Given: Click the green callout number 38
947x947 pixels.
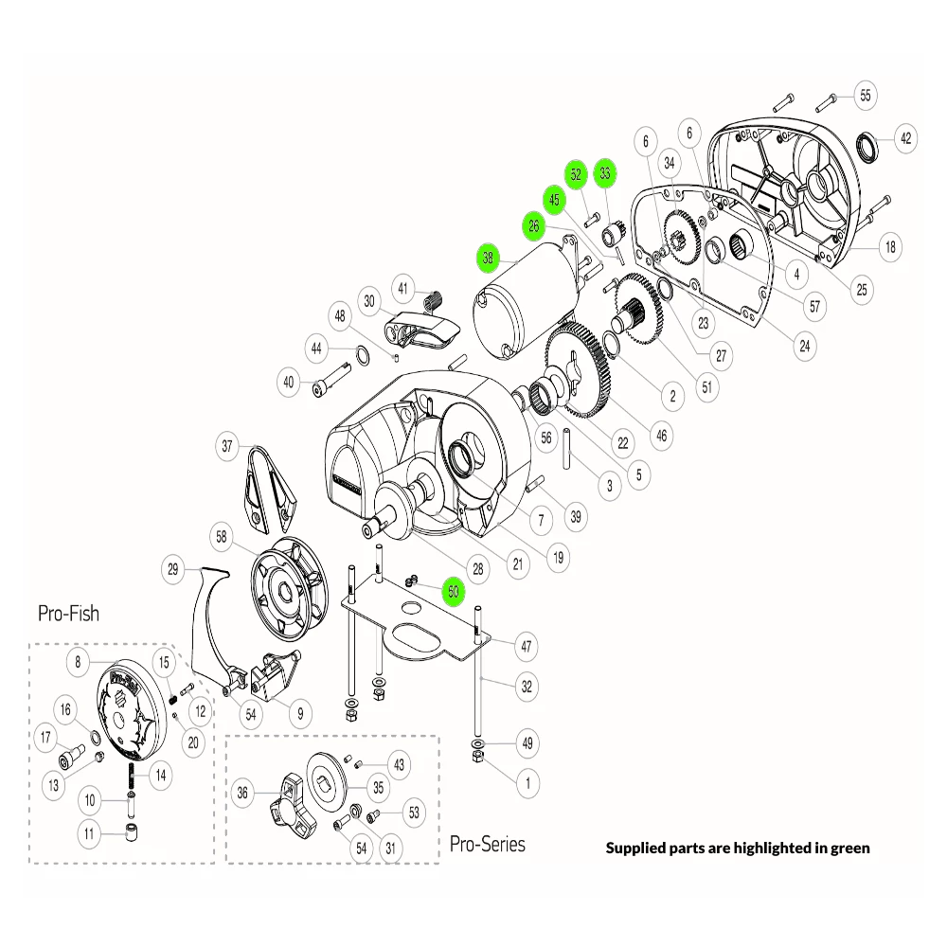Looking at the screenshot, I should coord(488,257).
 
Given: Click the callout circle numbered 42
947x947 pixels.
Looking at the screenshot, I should coord(906,138).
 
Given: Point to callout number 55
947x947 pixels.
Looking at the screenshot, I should coord(866,95).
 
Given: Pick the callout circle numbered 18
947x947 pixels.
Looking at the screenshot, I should coord(889,248).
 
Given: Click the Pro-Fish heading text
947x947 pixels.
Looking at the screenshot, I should coord(68,613).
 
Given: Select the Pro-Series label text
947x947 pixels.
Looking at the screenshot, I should coord(487,843).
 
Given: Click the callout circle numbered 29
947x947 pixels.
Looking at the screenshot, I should coord(173,569).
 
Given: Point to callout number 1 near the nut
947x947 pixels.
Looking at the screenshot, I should coord(527,782).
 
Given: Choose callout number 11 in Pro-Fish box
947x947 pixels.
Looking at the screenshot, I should coord(91,834).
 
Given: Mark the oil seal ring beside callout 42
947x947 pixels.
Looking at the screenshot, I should coord(867,147).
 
